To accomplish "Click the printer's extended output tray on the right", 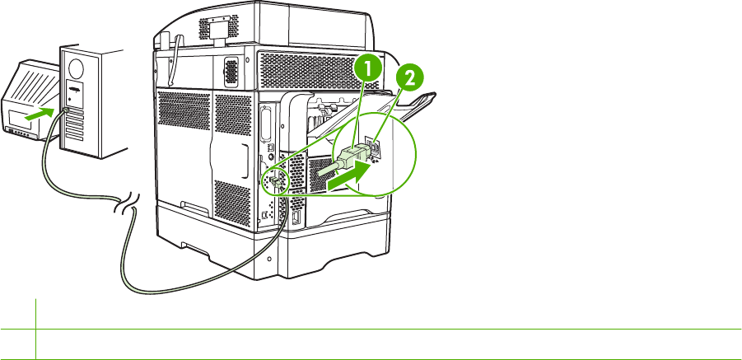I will coord(416,102).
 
